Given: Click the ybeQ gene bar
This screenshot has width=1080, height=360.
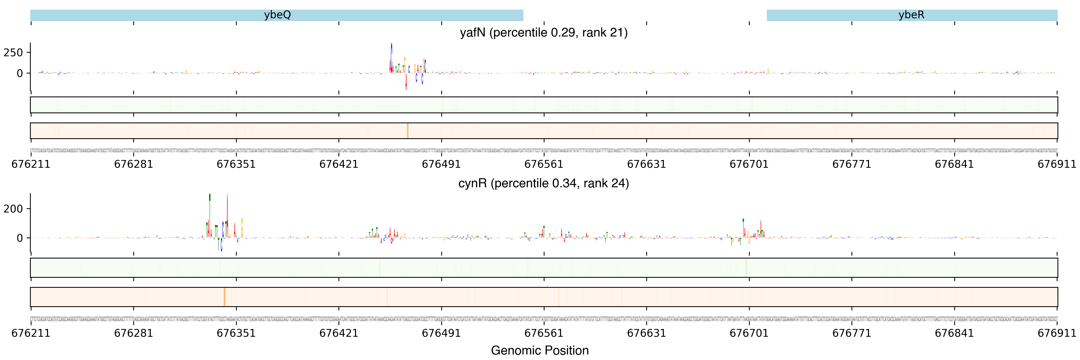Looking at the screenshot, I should pos(277,15).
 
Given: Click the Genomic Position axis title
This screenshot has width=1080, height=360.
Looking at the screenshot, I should pos(539,350).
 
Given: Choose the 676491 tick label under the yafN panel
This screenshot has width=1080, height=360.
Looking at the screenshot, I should pos(441,164).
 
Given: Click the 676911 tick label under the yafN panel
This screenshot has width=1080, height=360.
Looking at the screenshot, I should pos(1056,164).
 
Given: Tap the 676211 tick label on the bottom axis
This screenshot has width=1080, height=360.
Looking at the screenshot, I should pos(30,333).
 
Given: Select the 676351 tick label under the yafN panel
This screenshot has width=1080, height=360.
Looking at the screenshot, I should pos(236,164).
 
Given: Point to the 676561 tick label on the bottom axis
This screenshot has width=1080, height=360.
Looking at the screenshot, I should pos(544,333).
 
